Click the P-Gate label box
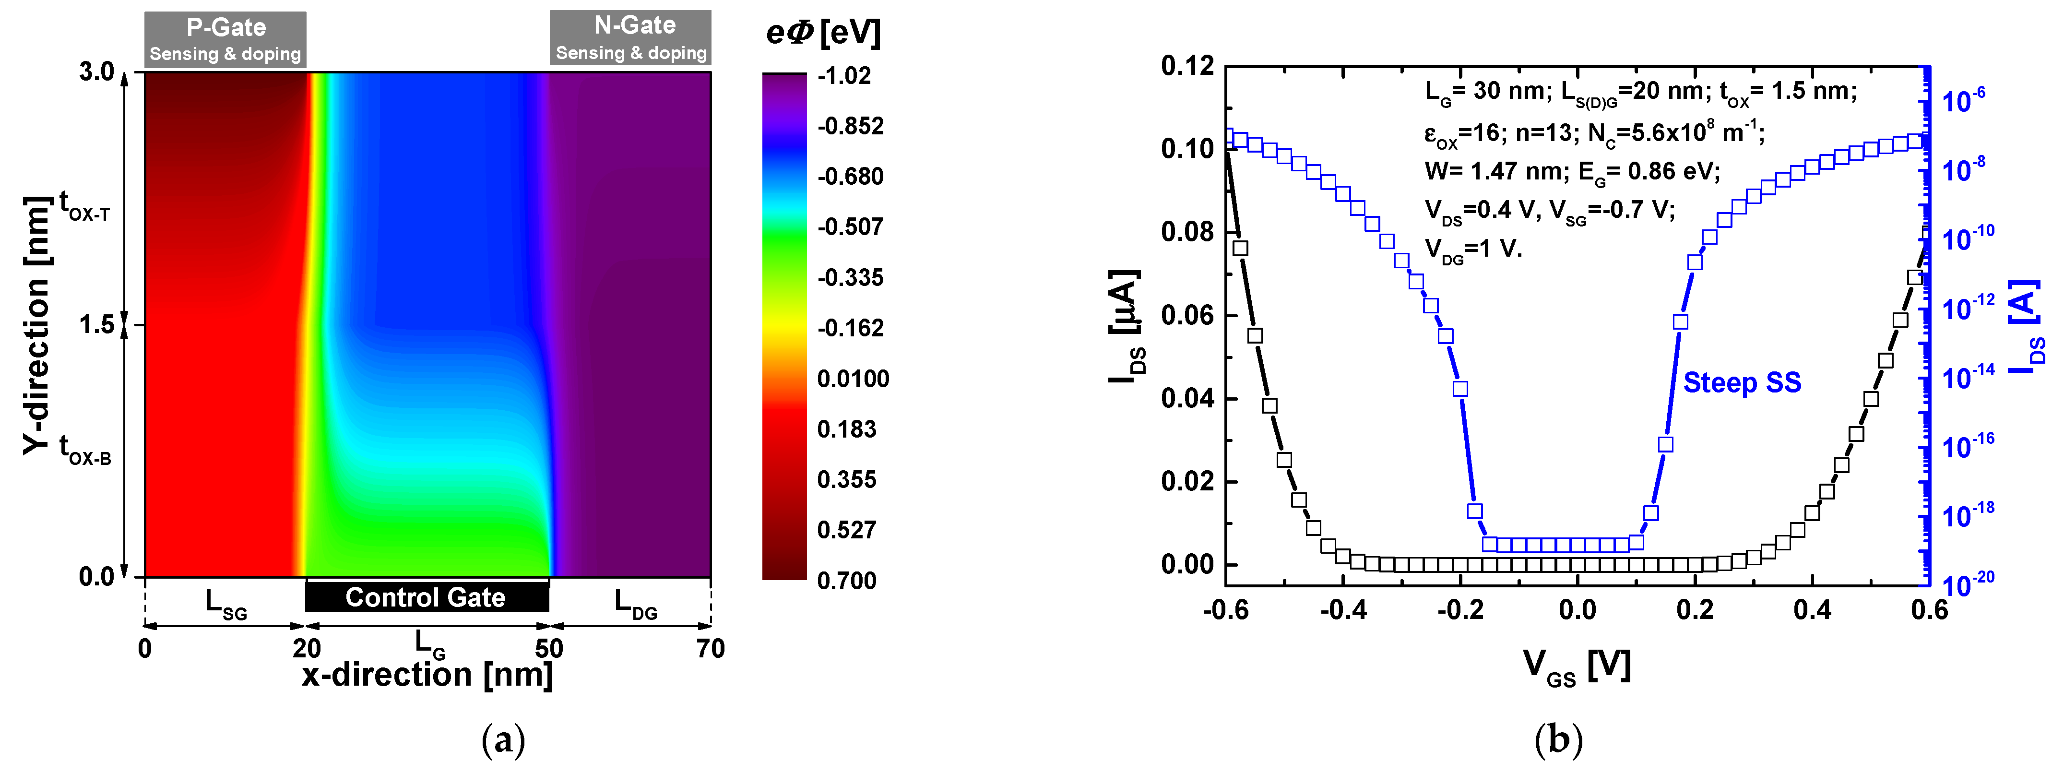point(225,39)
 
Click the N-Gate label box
point(631,37)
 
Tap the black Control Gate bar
point(427,597)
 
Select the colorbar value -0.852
point(850,126)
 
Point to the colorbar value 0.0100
point(853,379)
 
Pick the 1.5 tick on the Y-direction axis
point(97,324)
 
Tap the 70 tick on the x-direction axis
point(711,649)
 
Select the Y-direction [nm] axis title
point(36,325)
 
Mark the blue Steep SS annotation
point(1742,382)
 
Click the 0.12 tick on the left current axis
point(1187,66)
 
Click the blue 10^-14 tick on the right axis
point(1968,376)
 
